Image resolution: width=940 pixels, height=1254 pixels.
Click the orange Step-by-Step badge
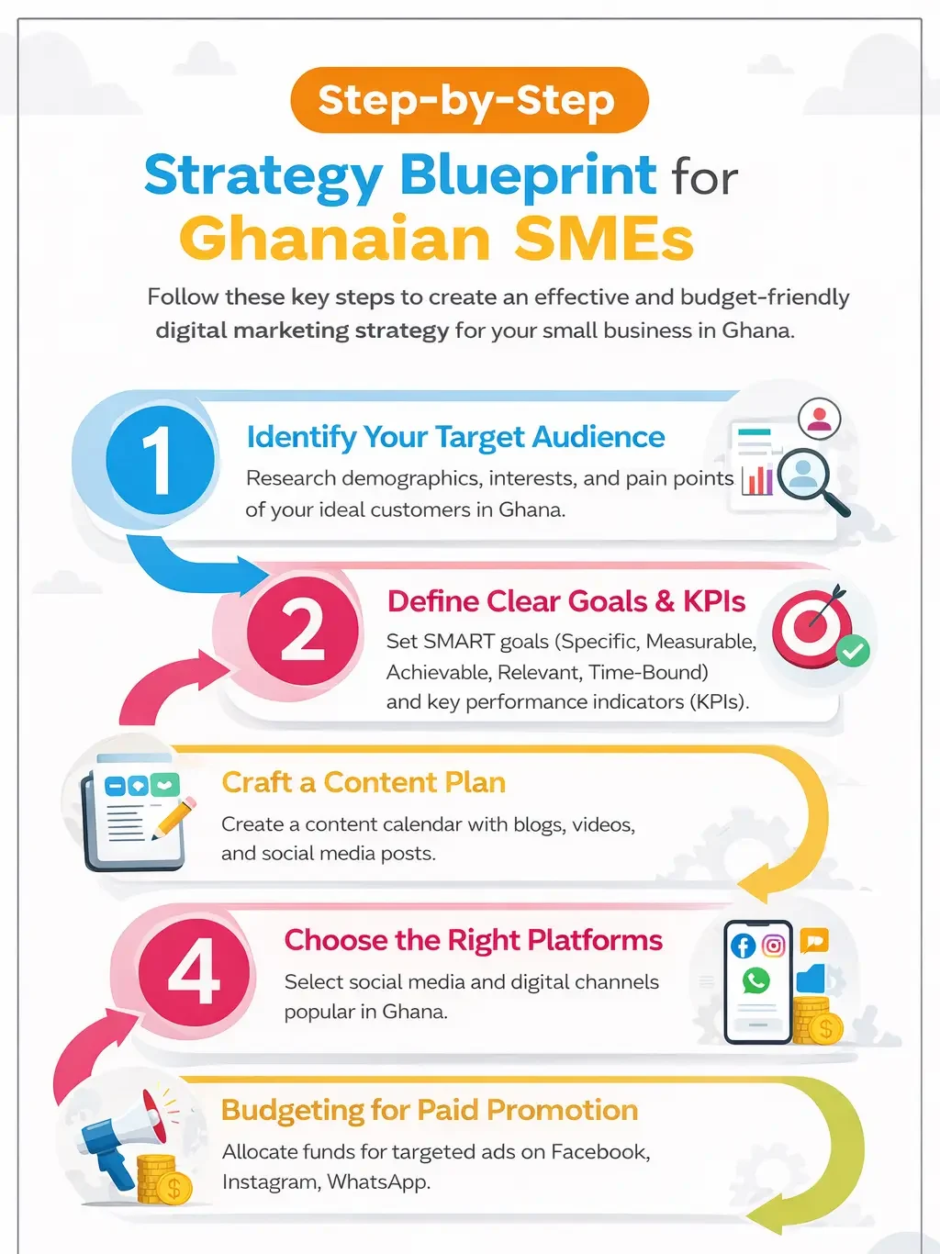coord(469,100)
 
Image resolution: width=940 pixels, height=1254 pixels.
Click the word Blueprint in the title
coord(528,175)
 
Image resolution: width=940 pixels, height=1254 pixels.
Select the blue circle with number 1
coord(161,460)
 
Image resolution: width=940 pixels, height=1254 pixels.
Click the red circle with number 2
coord(302,630)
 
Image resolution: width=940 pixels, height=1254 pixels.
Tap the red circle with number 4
coord(194,971)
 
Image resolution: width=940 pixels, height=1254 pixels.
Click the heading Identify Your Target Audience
coord(455,437)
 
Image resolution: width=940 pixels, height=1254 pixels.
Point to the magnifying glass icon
coord(808,478)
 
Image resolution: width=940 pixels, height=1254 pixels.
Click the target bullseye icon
coord(808,628)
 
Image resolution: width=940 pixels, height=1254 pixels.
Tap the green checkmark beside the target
coord(854,651)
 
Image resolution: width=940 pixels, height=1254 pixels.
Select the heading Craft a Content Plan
coord(364,782)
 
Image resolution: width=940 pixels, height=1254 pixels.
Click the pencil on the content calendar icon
coord(175,816)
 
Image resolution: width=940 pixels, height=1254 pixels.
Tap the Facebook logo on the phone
coord(743,946)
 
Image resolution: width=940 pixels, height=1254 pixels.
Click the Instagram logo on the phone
coord(774,946)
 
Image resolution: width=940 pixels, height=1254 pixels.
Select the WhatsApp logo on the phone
coord(756,980)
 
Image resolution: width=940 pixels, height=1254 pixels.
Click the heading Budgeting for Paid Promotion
coord(430,1110)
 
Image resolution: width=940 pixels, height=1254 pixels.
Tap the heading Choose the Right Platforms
coord(473,940)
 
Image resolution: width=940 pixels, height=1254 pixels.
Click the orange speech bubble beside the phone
coord(814,940)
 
